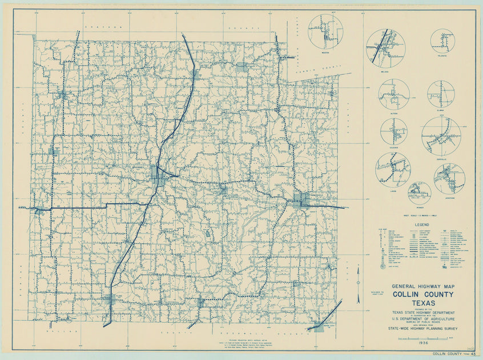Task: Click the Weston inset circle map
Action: click(325, 31)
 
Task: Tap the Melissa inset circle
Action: click(385, 46)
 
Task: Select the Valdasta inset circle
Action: click(442, 41)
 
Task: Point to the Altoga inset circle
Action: click(393, 94)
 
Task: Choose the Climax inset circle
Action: click(441, 94)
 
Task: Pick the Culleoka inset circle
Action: click(394, 131)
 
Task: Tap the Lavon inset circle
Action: click(392, 170)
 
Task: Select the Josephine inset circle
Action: click(449, 178)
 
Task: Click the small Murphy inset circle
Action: click(419, 193)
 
